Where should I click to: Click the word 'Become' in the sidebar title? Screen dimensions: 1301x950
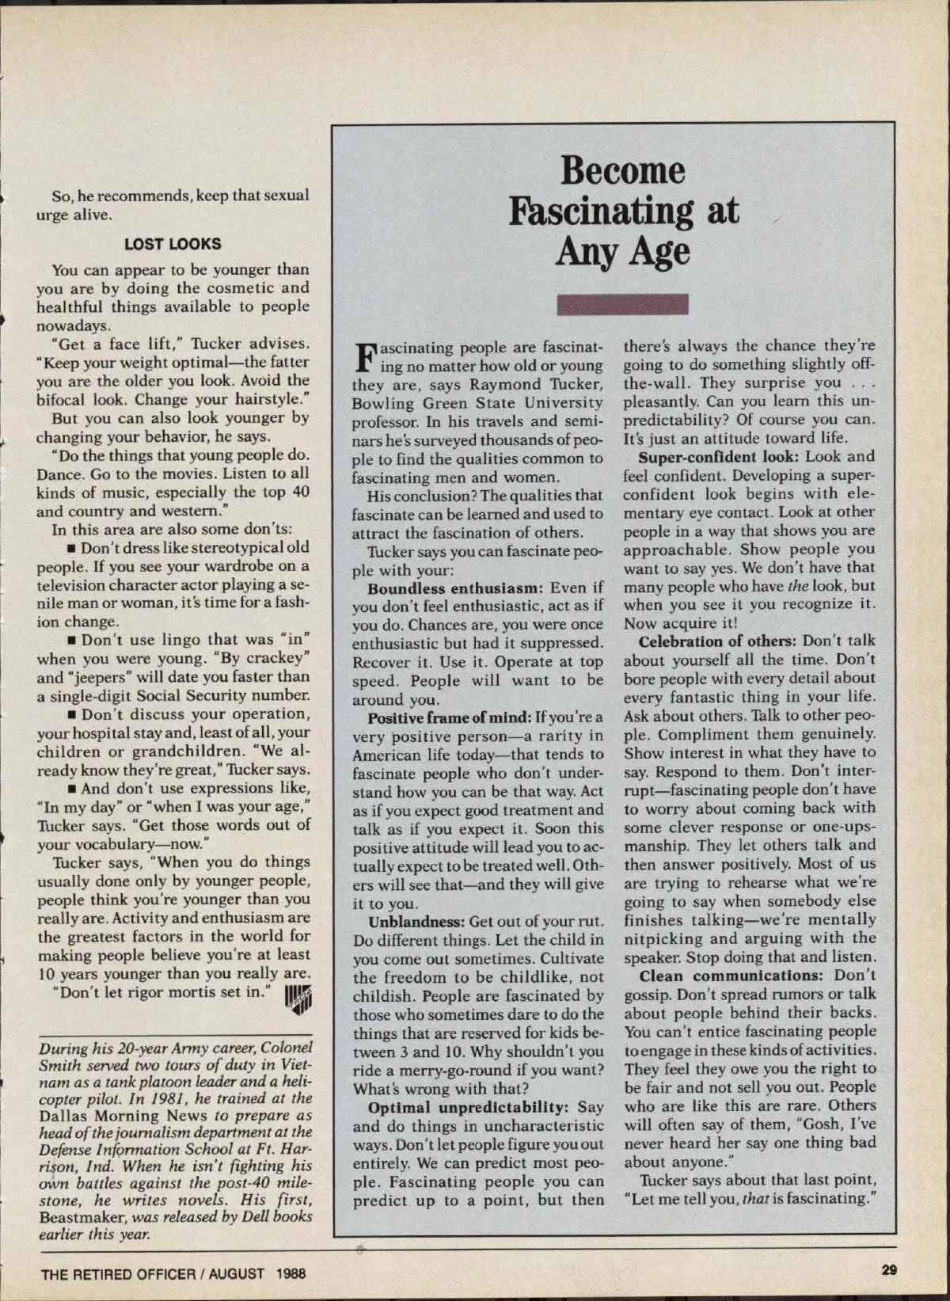pyautogui.click(x=622, y=171)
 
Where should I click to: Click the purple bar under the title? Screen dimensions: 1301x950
pyautogui.click(x=622, y=305)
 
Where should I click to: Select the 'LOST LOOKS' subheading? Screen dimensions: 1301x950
pyautogui.click(x=173, y=244)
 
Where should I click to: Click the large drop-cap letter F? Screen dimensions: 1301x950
pyautogui.click(x=365, y=357)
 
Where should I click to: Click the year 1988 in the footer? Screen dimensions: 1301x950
pyautogui.click(x=291, y=1274)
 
